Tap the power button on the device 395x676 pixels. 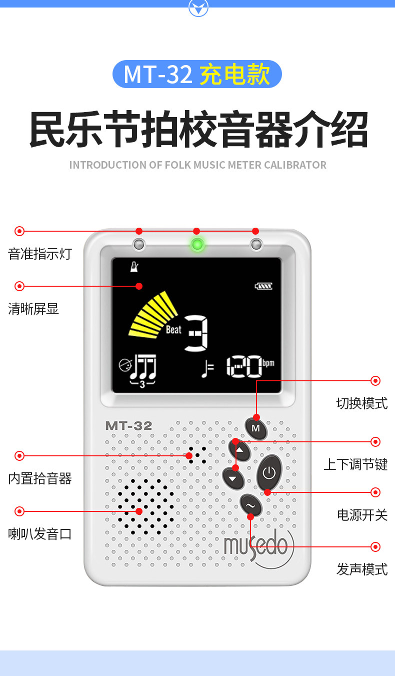coord(269,472)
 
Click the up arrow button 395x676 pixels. coord(241,450)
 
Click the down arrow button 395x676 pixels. coord(233,478)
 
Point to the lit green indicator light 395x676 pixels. coord(197,245)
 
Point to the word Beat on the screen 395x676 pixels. coord(173,330)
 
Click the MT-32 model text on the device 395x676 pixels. coord(128,426)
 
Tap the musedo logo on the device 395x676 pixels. coord(256,545)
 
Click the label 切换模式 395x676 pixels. coord(361,403)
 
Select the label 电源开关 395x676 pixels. coord(362,514)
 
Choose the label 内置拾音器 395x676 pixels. coord(40,479)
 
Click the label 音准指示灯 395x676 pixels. coord(40,254)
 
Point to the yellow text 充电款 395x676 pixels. coord(235,75)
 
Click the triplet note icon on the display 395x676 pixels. coord(143,371)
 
